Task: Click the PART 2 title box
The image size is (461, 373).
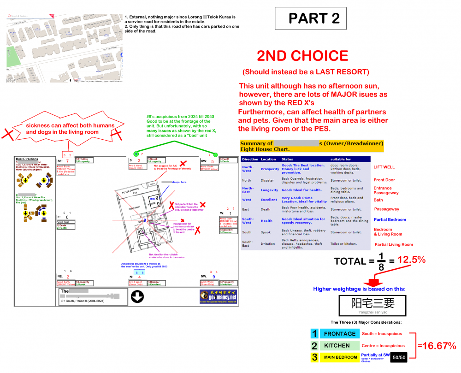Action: coord(310,18)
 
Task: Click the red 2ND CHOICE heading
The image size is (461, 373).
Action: coord(302,56)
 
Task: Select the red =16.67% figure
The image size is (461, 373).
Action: coord(437,346)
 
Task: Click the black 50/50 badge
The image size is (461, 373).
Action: coord(398,357)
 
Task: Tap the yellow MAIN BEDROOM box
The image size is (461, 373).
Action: coord(340,357)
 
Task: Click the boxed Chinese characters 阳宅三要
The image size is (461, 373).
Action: coord(373,303)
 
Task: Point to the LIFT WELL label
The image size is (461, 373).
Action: coord(384,167)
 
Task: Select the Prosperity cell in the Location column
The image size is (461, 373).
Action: coord(270,169)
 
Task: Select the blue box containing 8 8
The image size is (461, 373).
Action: coord(140,272)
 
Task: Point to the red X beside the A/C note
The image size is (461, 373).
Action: coord(183,164)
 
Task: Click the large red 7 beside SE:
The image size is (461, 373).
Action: coord(67,161)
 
